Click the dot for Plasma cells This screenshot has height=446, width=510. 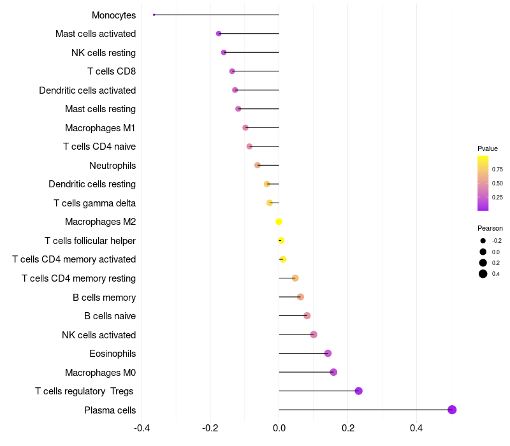coord(452,410)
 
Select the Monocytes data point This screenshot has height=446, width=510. coord(154,15)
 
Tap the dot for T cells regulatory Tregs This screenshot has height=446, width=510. coord(358,391)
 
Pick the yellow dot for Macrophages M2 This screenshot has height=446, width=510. coord(279,222)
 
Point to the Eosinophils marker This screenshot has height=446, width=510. coord(328,354)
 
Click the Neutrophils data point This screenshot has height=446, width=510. coord(258,166)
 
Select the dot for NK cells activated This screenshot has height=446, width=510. coord(314,334)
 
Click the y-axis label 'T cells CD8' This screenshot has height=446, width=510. coord(112,71)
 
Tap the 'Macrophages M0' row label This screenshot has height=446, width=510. coord(100,373)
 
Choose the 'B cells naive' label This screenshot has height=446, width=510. coord(110,316)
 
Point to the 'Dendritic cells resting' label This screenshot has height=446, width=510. coord(92,184)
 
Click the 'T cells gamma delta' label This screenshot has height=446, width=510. coord(94,203)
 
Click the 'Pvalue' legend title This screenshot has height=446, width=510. coord(488,148)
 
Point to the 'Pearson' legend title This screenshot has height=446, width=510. coord(490,228)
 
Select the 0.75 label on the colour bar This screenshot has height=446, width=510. coord(497,169)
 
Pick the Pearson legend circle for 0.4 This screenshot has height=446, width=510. coord(483,274)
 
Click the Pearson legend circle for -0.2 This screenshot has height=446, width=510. coord(483,241)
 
